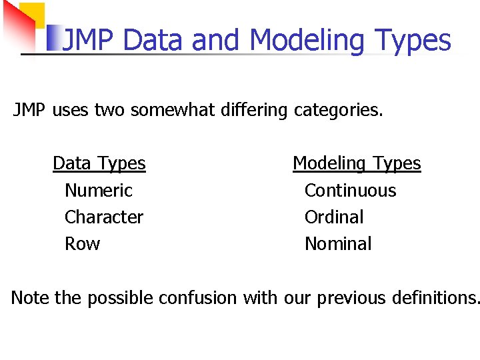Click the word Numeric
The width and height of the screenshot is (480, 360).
98,191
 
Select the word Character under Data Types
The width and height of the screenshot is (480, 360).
103,217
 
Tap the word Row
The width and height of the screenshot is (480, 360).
82,244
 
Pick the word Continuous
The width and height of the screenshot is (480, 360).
350,191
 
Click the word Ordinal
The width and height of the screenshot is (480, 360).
333,217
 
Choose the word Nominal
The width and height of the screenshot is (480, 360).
338,244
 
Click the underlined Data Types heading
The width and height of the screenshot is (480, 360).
99,163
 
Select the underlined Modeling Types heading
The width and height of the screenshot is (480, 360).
357,163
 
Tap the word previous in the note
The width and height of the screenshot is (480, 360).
351,297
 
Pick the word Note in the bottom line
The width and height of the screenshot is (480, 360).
30,297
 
